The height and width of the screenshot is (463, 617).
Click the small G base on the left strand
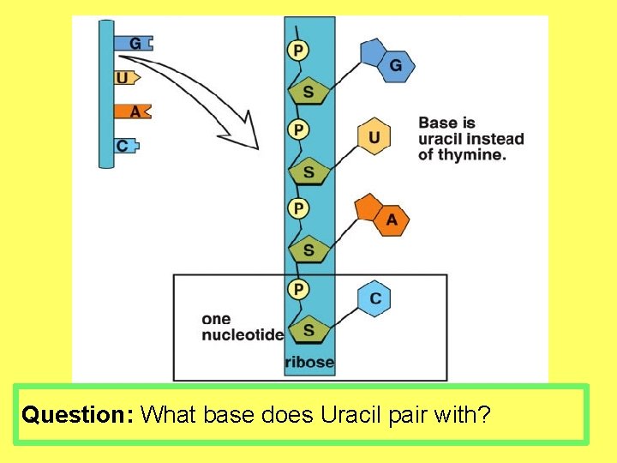(x=137, y=43)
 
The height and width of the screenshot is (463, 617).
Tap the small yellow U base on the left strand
(x=125, y=78)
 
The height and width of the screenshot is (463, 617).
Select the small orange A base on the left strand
(x=135, y=111)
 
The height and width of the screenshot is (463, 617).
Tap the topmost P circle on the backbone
(x=297, y=51)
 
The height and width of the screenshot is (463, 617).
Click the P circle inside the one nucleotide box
(x=297, y=289)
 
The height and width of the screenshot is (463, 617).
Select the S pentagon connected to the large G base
(x=308, y=92)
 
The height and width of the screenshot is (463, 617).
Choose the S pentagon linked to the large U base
(x=308, y=172)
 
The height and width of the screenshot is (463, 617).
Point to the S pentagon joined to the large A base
(x=308, y=250)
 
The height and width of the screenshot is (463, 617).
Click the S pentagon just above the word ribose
(x=308, y=329)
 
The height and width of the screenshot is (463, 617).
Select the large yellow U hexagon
(x=374, y=136)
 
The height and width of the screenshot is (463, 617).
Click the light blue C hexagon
(x=374, y=298)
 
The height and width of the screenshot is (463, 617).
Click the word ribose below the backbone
(x=309, y=363)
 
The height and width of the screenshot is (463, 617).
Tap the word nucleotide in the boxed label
(x=243, y=335)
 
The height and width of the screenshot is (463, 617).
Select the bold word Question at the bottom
(x=75, y=416)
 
